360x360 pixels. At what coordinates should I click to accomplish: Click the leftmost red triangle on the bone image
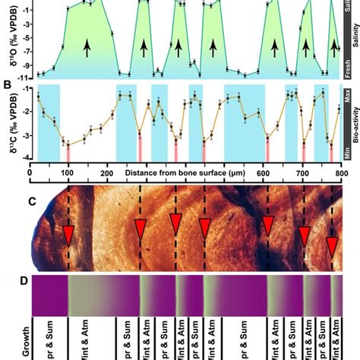tap(68, 236)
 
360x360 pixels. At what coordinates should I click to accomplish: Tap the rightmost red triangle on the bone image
tap(332, 246)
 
